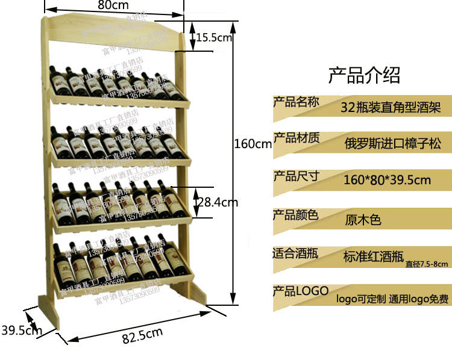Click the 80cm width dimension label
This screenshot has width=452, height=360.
coord(113,5)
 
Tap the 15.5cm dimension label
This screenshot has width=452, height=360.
coord(214,38)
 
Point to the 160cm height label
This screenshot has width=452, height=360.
coord(253,144)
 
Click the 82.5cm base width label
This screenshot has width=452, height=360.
coord(142,335)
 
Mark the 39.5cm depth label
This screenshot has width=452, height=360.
coord(21,330)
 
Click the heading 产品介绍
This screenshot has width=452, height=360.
coord(363,75)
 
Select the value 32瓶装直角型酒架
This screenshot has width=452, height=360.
coord(391,108)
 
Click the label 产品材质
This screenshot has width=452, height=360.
coord(296,138)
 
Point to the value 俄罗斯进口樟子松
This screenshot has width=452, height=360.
coord(392,144)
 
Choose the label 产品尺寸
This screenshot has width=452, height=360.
coord(296,176)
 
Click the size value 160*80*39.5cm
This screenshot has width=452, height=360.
coord(387,180)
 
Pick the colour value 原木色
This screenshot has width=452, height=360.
coord(363,219)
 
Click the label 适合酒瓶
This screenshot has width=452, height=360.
coord(296,253)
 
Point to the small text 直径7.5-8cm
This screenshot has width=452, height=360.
coord(427,263)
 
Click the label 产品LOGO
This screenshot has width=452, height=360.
coord(300,291)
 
